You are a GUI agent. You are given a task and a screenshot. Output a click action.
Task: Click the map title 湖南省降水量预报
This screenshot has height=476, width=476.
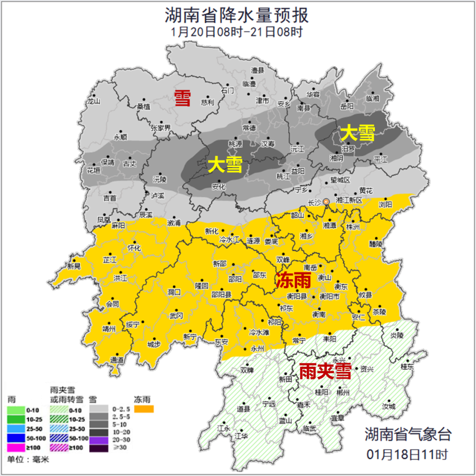237,15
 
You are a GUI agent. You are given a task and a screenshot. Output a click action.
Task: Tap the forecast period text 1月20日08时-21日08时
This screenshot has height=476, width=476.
237,32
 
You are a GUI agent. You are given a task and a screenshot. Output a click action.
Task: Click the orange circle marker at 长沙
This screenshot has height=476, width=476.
326,202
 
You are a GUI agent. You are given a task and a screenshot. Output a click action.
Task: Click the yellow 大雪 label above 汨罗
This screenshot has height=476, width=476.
357,133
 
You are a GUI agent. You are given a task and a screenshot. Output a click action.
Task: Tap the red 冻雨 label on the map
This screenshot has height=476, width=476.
293,281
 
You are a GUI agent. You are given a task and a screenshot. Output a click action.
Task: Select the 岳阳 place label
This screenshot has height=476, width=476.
347,106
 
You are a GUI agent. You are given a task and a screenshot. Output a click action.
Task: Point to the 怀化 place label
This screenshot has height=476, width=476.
134,247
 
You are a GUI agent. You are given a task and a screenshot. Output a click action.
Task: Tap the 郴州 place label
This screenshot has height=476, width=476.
343,392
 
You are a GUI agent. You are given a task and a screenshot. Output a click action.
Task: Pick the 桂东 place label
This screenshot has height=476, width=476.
407,367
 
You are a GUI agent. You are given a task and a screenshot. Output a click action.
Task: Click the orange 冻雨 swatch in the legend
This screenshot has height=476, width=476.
144,409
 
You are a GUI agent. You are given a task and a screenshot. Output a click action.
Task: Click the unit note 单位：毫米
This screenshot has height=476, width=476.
28,459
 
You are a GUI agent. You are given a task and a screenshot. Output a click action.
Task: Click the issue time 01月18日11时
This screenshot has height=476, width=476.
408,453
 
